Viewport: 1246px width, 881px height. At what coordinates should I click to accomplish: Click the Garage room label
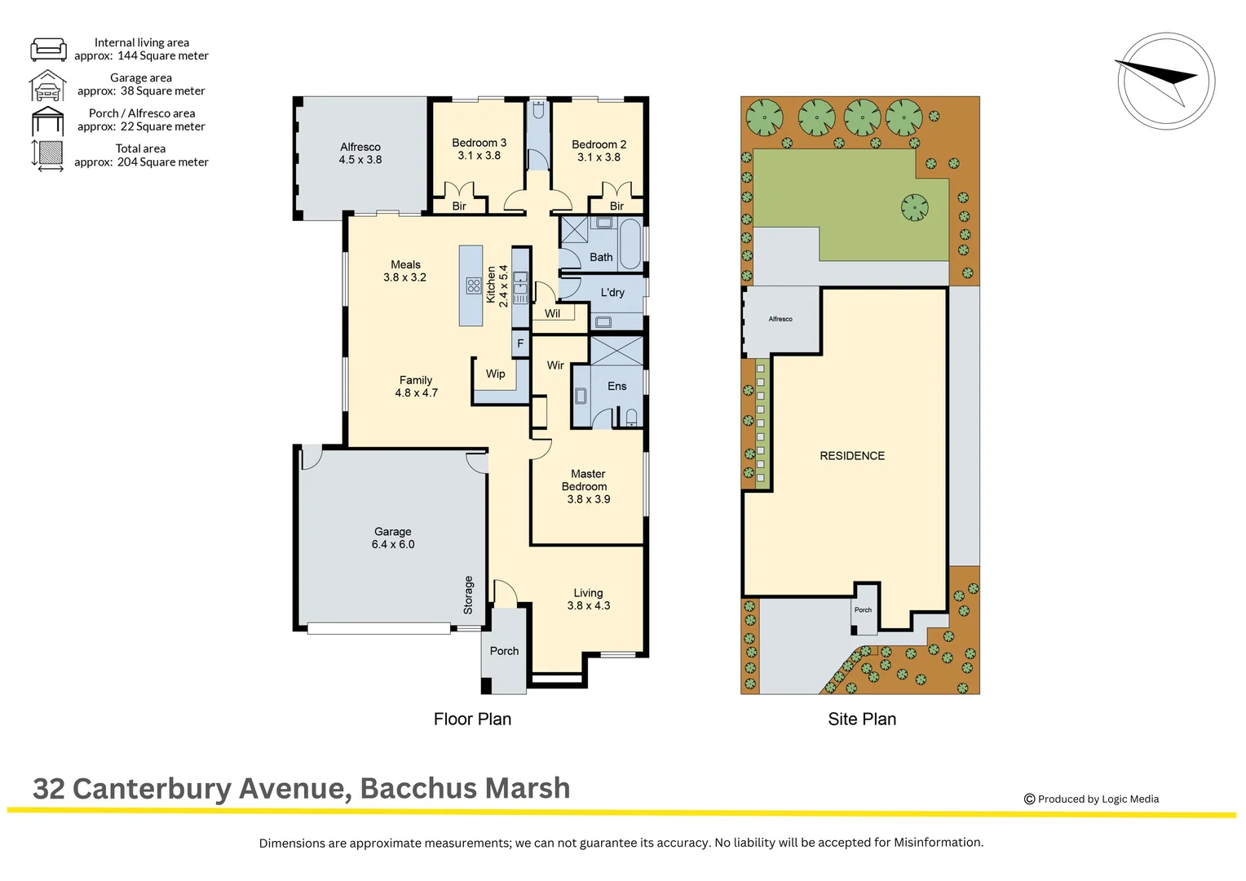tap(393, 532)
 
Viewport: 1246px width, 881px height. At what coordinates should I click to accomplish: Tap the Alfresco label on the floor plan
tap(360, 147)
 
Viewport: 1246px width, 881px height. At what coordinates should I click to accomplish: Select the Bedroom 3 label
tap(479, 143)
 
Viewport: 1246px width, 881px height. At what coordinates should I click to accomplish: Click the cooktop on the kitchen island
tap(474, 286)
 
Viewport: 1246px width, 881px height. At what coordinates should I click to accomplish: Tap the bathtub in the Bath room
tap(631, 245)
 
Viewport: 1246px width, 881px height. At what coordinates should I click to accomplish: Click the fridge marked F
tap(520, 343)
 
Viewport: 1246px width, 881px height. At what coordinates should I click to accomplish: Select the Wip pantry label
tap(495, 374)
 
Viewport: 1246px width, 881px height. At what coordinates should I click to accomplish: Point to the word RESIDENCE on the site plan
tap(852, 456)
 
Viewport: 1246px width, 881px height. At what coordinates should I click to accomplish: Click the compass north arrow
tap(1158, 79)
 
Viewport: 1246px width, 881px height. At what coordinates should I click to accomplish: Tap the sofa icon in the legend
tap(48, 49)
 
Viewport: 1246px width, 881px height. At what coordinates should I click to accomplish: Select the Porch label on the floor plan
tap(504, 651)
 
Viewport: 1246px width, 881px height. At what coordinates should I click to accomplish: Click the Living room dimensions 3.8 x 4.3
tap(589, 605)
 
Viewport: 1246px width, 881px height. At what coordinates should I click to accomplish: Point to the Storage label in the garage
tap(468, 595)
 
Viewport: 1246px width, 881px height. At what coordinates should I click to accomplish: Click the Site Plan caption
tap(862, 719)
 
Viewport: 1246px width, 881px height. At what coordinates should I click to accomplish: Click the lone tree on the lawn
tap(914, 207)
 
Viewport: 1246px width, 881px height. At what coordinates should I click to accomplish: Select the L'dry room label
tap(612, 292)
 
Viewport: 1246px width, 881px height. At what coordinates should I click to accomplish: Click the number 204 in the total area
tap(127, 162)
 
